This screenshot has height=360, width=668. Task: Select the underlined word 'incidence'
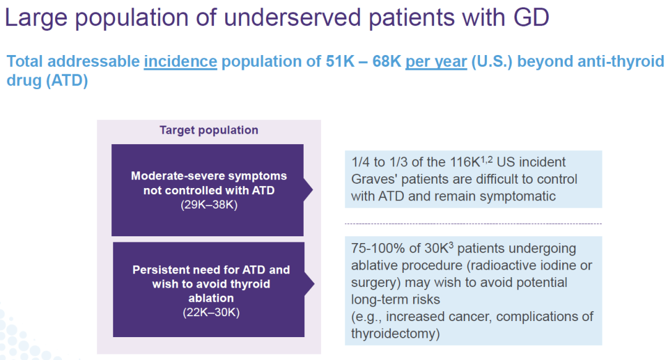(x=181, y=62)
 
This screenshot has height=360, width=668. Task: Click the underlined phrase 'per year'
(x=436, y=62)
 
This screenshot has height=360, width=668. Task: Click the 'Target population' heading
(x=208, y=131)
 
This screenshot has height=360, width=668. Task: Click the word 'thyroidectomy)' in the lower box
(x=394, y=333)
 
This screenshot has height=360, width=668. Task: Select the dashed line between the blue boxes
(x=473, y=223)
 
